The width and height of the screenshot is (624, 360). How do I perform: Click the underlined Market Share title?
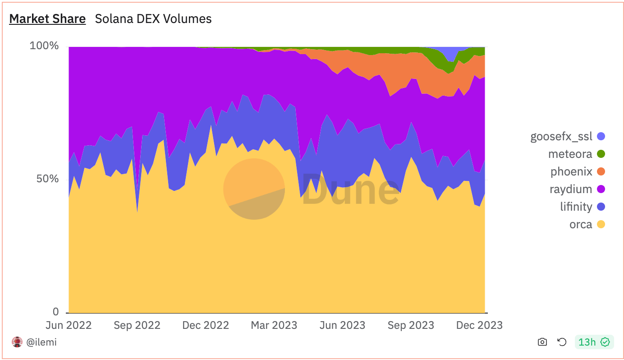47,19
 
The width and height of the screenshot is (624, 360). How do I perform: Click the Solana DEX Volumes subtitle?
153,19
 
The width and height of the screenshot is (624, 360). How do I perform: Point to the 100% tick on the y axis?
44,46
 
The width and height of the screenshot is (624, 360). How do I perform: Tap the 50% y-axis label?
47,179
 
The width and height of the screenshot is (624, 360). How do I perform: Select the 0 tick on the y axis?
55,312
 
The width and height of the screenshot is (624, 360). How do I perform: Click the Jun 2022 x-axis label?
69,325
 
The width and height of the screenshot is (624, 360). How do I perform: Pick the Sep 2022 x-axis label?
137,325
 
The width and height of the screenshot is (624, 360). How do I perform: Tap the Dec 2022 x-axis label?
206,325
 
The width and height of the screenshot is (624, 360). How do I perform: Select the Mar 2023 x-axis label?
274,325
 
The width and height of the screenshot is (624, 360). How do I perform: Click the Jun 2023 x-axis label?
342,325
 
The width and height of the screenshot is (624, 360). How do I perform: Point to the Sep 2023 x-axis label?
411,325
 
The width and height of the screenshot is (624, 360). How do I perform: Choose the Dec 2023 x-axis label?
479,325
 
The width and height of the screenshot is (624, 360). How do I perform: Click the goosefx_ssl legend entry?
567,137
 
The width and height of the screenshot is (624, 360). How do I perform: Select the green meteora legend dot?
601,154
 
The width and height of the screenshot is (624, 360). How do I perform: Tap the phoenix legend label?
571,172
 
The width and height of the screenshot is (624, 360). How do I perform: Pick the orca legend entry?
587,224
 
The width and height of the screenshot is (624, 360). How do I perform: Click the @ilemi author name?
41,342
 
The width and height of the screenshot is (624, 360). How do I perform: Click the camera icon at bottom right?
542,342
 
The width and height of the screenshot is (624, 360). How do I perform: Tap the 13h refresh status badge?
594,342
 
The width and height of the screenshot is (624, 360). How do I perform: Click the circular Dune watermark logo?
254,189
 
